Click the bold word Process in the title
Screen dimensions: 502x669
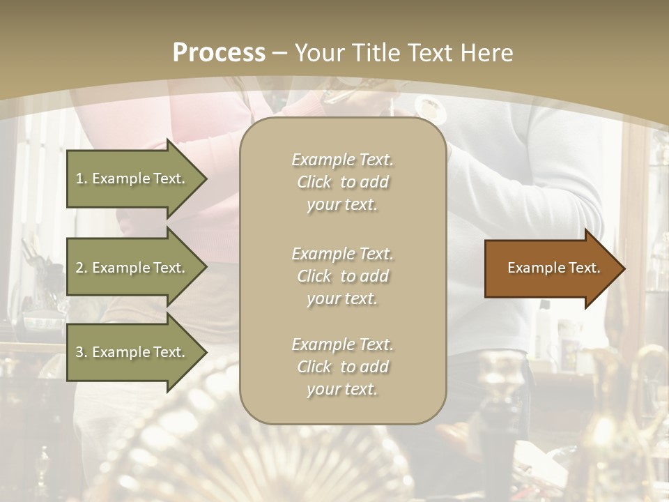tap(219, 53)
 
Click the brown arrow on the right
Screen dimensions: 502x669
tap(551, 268)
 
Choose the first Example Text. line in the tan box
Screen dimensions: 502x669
tap(342, 160)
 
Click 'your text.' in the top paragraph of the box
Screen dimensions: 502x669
tap(342, 204)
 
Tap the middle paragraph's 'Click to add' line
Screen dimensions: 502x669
tap(342, 276)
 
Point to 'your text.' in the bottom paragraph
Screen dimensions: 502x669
tap(342, 389)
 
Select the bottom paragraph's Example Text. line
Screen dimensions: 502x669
tap(342, 344)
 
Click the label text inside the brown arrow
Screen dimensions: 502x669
tap(553, 268)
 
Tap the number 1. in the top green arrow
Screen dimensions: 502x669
tap(81, 178)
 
